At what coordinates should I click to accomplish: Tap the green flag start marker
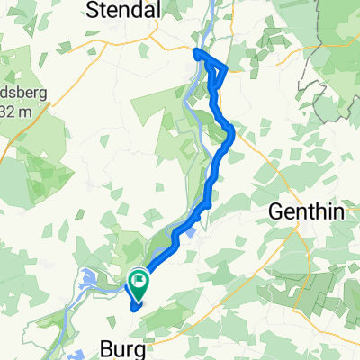139,283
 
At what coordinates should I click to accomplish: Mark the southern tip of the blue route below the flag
135,307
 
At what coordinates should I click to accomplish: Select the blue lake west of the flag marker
92,281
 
